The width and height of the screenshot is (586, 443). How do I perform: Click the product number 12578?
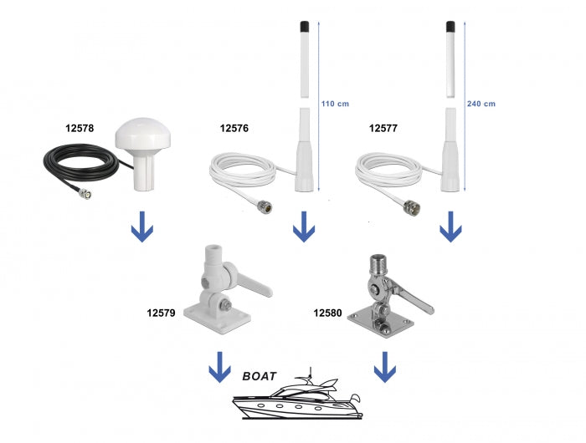[x=80, y=129]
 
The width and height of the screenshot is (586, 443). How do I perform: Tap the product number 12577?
[x=383, y=129]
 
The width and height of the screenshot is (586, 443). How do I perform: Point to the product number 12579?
[x=161, y=313]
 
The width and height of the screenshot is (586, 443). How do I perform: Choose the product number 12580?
[x=328, y=313]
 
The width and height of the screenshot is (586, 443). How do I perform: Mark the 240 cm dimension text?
[x=481, y=104]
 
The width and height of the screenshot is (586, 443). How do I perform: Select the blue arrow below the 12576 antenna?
[x=305, y=227]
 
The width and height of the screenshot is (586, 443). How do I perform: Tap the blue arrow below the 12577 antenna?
[x=452, y=227]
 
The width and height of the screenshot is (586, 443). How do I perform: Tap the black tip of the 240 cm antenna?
[x=450, y=27]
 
